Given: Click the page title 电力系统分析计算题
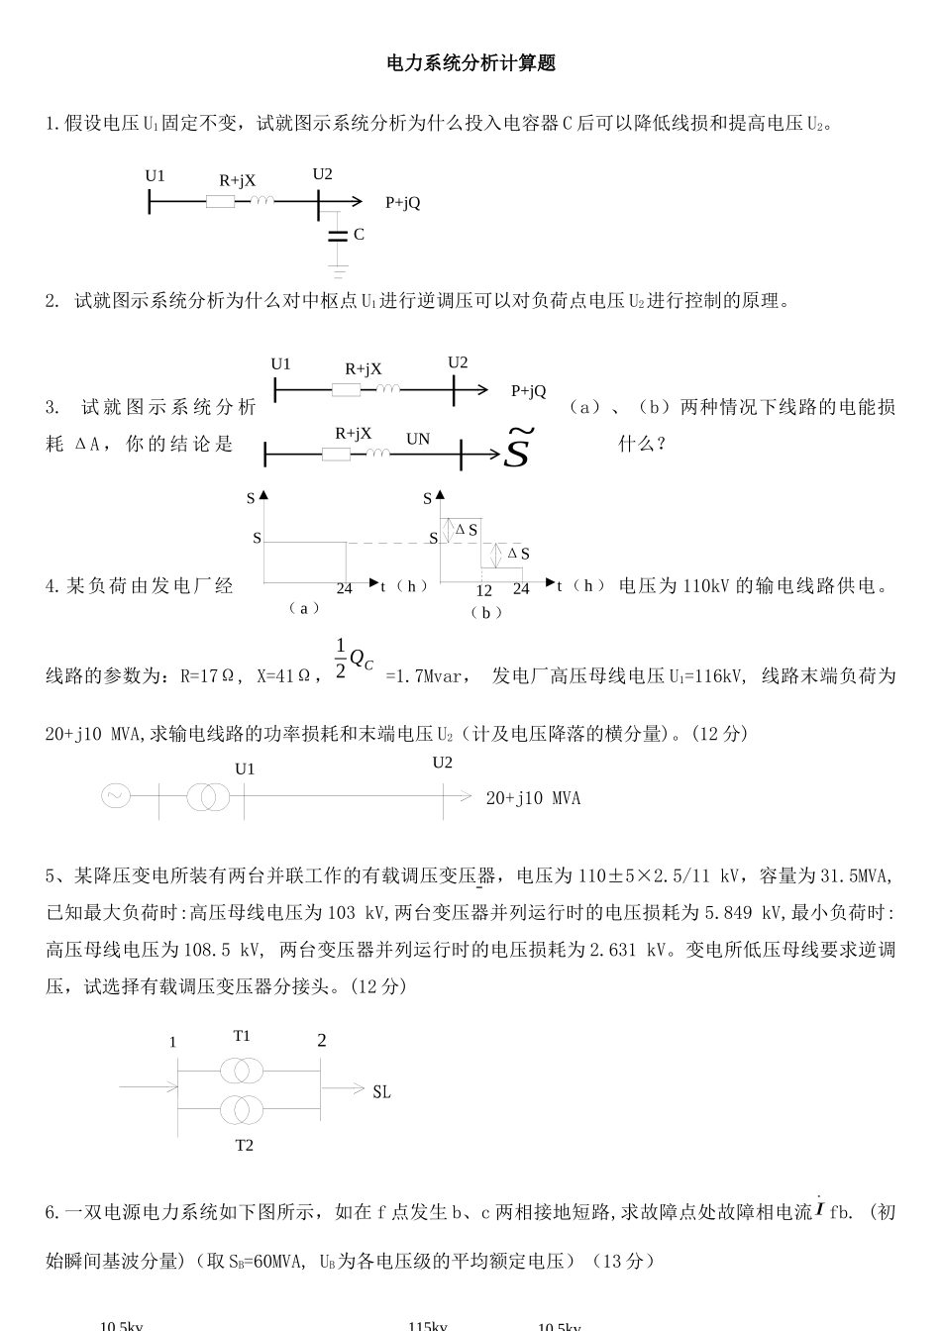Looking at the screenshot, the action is tap(470, 64).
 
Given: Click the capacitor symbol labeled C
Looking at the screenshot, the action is tap(338, 235).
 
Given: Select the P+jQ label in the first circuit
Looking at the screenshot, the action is tap(402, 203).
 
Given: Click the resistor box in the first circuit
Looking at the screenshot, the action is tap(220, 202).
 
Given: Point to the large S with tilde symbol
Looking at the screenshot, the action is tap(519, 449).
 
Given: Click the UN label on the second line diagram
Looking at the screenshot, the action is tap(418, 439).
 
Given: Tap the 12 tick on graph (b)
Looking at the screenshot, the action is tap(483, 590).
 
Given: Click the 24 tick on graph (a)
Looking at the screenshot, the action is tap(344, 588).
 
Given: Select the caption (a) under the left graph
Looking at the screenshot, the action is tap(303, 608).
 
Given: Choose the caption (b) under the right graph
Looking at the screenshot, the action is tap(485, 613).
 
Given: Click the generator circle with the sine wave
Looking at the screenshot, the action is tap(115, 795).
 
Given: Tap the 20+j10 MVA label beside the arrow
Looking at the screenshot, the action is tap(533, 798).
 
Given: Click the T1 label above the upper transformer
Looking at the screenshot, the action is tap(243, 1036).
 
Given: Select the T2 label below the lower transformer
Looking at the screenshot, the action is tap(244, 1146).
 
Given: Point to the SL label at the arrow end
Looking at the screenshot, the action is tap(381, 1092).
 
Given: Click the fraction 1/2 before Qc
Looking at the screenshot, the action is tap(341, 657).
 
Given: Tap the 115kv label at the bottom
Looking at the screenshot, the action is tap(428, 1325).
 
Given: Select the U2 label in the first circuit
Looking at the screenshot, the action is tap(323, 174).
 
